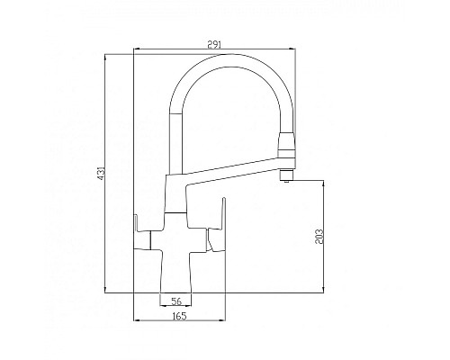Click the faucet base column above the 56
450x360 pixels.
pyautogui.click(x=176, y=270)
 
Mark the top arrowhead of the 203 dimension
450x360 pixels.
pyautogui.click(x=325, y=181)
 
